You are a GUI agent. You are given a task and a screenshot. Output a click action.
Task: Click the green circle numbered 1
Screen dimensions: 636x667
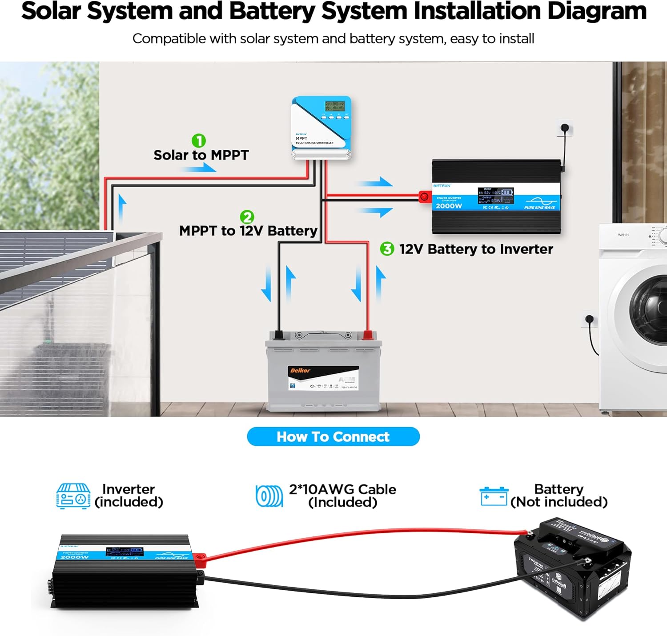point(199,141)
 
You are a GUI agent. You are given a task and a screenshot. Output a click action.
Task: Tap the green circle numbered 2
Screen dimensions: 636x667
point(247,217)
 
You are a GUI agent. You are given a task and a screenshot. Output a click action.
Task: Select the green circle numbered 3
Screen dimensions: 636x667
point(387,249)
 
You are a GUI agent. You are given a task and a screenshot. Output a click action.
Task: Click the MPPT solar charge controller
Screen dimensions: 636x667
point(321,128)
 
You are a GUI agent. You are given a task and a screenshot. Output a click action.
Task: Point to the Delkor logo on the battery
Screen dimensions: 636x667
point(301,371)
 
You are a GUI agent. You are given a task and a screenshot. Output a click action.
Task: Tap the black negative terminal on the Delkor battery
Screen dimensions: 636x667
point(279,335)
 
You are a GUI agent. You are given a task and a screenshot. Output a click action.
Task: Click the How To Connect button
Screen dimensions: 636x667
point(333,436)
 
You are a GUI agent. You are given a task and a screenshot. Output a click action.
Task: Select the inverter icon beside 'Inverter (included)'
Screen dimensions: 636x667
point(73,496)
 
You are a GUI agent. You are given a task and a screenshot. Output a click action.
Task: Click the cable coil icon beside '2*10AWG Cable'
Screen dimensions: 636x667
point(269,496)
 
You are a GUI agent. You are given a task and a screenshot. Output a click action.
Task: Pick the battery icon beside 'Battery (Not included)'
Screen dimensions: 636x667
point(494,496)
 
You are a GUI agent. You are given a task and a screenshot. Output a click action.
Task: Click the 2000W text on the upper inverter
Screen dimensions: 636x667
point(449,206)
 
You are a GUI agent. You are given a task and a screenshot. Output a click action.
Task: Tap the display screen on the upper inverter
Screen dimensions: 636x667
point(495,196)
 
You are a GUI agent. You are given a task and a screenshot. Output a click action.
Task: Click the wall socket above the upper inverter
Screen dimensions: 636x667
point(565,128)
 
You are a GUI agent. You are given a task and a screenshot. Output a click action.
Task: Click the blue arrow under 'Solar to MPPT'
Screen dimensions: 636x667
point(198,168)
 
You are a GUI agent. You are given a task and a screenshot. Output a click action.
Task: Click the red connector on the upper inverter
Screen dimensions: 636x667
point(425,196)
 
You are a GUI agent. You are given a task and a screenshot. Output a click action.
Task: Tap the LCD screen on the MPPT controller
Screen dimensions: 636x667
point(334,106)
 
